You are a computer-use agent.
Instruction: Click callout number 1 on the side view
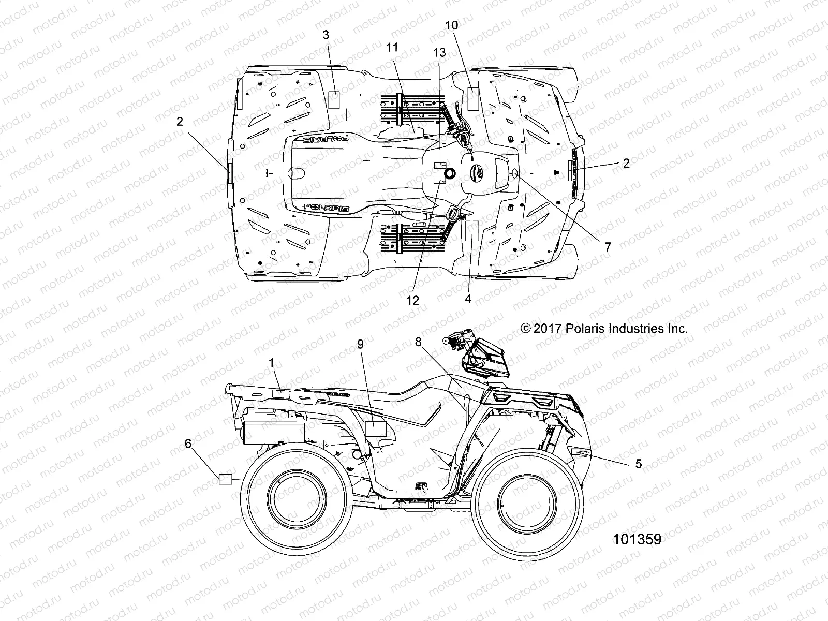272,363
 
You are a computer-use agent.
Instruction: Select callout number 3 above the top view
326,35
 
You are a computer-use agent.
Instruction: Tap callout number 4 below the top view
468,299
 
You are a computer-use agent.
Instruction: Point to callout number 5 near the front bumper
638,464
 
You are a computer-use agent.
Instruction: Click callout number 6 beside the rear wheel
188,443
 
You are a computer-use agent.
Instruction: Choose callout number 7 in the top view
608,247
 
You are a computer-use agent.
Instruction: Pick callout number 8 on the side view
418,341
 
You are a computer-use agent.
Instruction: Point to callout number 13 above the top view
439,53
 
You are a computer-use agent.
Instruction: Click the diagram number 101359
637,539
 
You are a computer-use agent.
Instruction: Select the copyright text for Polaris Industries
604,328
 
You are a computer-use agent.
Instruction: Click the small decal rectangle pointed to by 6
226,479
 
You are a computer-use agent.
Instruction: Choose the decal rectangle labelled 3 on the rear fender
334,99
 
